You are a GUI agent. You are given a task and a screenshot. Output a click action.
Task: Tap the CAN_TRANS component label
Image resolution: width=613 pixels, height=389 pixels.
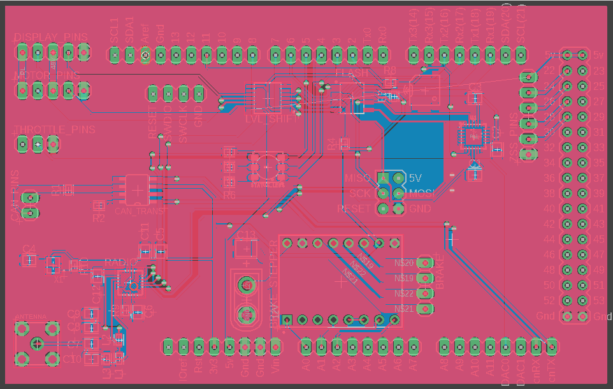pos(140,210)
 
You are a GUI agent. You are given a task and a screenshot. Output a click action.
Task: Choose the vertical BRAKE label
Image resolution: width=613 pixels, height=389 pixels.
pos(440,272)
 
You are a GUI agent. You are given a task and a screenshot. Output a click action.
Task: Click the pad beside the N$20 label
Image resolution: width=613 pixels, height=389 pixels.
pos(426,263)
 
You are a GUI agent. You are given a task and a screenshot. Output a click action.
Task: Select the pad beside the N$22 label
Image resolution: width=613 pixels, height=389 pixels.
pos(426,293)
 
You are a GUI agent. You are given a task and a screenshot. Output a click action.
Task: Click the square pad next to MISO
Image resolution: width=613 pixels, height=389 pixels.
pos(383,177)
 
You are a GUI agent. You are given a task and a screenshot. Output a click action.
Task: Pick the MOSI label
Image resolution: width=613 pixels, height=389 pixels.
pos(422,193)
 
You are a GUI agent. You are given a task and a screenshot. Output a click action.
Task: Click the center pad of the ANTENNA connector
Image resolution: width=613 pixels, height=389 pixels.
pos(37,344)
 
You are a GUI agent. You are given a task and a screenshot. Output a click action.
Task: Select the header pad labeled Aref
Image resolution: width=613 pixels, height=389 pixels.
pos(145,56)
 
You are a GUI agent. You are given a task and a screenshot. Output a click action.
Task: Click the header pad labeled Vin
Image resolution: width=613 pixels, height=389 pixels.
pos(275,346)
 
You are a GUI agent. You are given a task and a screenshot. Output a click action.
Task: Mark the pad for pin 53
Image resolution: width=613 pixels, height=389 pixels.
pos(582,300)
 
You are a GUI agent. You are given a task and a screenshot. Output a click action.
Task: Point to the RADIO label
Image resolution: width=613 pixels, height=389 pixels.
pos(119,261)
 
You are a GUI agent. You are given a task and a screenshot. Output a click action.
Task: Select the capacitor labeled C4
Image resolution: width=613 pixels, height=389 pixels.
pos(29,261)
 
